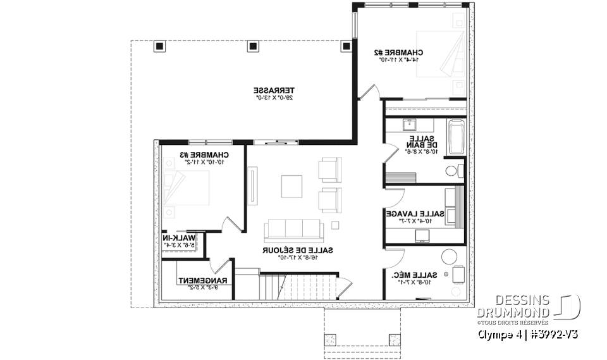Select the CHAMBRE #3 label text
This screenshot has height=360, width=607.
pos(204,155)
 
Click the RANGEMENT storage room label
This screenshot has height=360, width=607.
pos(197,280)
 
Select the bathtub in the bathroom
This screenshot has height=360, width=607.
pos(456,139)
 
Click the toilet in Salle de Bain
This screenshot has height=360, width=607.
pos(451,171)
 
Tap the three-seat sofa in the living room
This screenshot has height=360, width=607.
pos(293,227)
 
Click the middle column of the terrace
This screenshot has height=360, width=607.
pos(254,46)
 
